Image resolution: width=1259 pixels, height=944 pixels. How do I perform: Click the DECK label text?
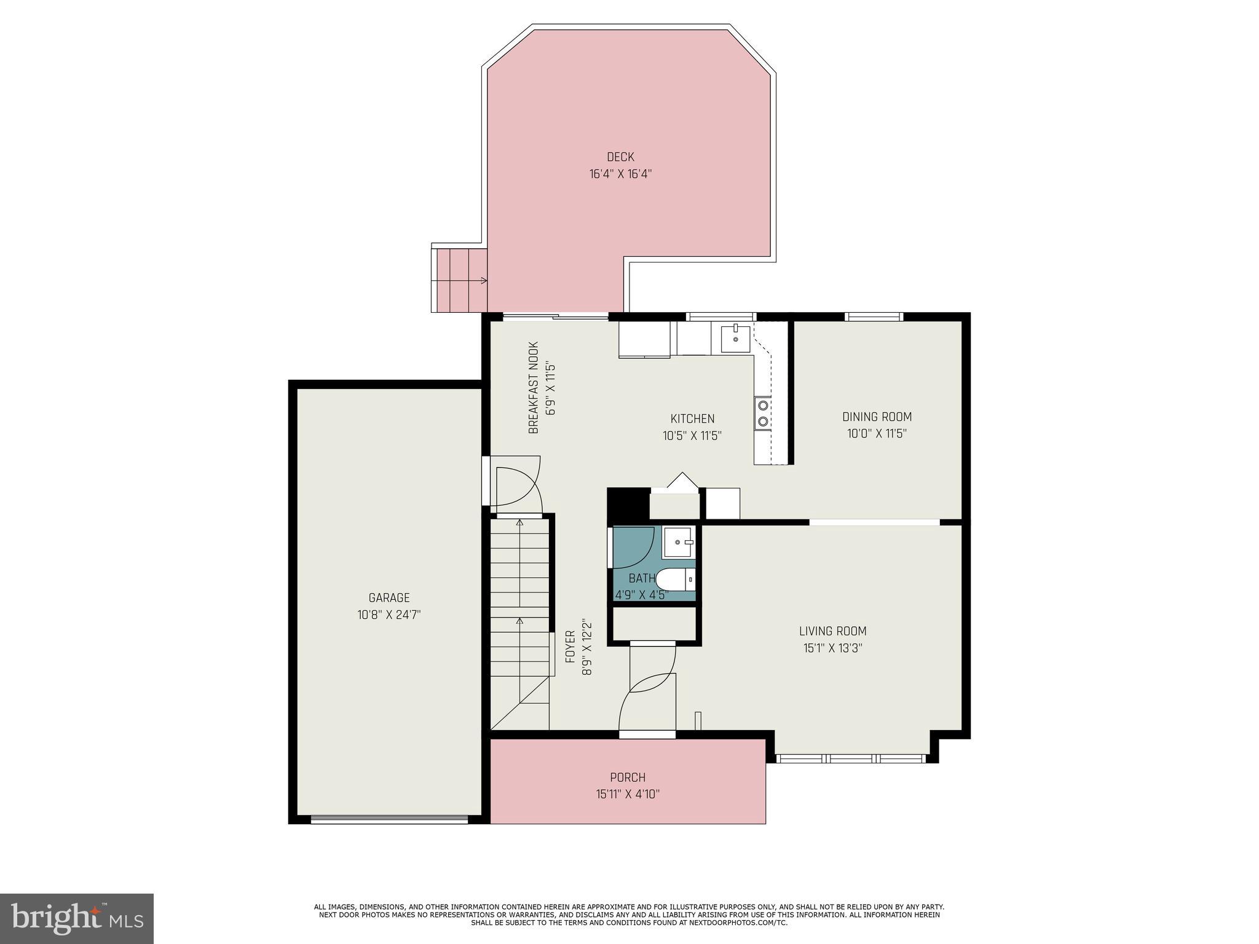620,157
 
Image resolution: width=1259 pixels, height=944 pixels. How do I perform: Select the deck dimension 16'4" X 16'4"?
620,174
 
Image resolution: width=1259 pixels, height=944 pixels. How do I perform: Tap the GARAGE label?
389,597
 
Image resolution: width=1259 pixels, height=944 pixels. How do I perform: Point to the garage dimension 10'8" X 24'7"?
389,615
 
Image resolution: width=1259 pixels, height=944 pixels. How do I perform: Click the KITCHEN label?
692,419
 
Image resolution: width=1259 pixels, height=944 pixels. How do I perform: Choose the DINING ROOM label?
877,417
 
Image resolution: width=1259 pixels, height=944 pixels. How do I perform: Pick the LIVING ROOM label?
832,631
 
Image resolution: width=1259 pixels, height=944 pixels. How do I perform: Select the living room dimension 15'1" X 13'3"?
832,648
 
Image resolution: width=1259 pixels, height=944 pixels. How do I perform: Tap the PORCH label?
628,777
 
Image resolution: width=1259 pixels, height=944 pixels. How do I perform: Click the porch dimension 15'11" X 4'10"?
628,794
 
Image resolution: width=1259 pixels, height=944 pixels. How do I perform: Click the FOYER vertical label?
570,647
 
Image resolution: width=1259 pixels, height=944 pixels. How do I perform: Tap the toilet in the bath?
675,579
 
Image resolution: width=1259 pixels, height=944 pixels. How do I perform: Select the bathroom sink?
679,542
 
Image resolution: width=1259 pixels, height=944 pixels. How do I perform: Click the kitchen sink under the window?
735,337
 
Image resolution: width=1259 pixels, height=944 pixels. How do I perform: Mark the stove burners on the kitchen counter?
763,413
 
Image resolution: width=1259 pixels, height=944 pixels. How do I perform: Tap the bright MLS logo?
77,918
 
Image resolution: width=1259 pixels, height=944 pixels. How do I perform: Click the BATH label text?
642,578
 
